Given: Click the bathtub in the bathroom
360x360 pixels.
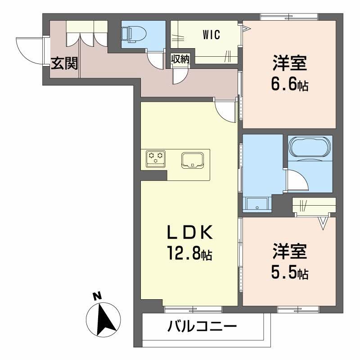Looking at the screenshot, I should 310,147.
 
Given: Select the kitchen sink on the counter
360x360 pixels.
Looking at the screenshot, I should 193,160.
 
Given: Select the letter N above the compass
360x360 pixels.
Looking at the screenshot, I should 96,296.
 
